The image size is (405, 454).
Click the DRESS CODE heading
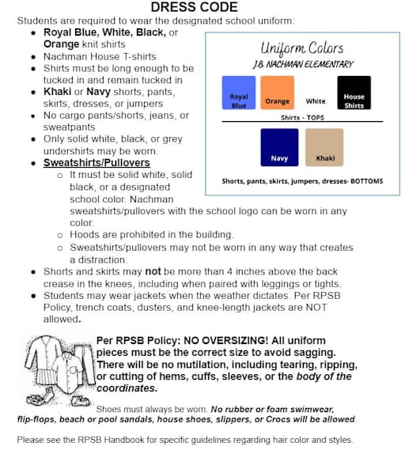194,7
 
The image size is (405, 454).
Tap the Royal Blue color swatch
239,93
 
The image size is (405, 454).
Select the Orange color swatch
277,93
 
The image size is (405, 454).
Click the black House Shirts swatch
354,93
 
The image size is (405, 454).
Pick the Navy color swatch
279,148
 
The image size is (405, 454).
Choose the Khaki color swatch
325,148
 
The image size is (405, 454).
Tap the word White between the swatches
316,101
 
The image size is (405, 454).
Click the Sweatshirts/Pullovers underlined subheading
85,162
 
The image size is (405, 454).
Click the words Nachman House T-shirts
88,56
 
